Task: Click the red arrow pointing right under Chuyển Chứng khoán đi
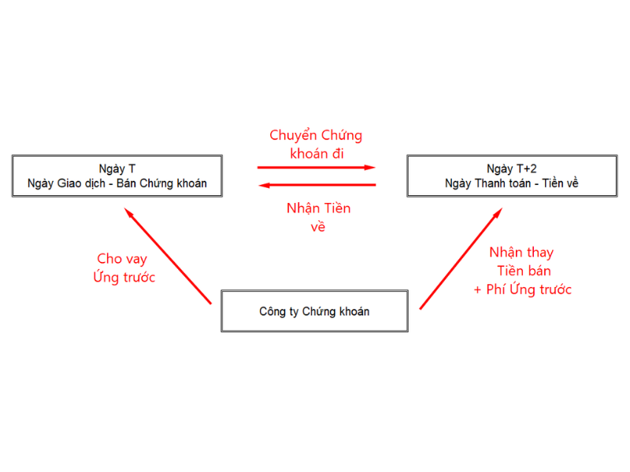[x=317, y=168]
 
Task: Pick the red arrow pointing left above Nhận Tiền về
[x=317, y=185]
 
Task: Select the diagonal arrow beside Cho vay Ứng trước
[x=168, y=256]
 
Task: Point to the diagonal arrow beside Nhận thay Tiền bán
[x=461, y=259]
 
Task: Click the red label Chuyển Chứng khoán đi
[x=316, y=144]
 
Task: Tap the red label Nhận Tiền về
[x=318, y=217]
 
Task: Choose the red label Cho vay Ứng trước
[x=124, y=268]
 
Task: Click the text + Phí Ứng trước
[x=522, y=289]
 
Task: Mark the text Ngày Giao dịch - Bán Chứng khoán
[x=117, y=183]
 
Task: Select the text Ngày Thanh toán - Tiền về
[x=511, y=183]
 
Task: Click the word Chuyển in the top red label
[x=293, y=135]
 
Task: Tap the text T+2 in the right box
[x=526, y=168]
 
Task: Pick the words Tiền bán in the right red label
[x=524, y=271]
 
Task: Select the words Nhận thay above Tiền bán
[x=521, y=253]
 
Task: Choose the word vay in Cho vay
[x=136, y=260]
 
